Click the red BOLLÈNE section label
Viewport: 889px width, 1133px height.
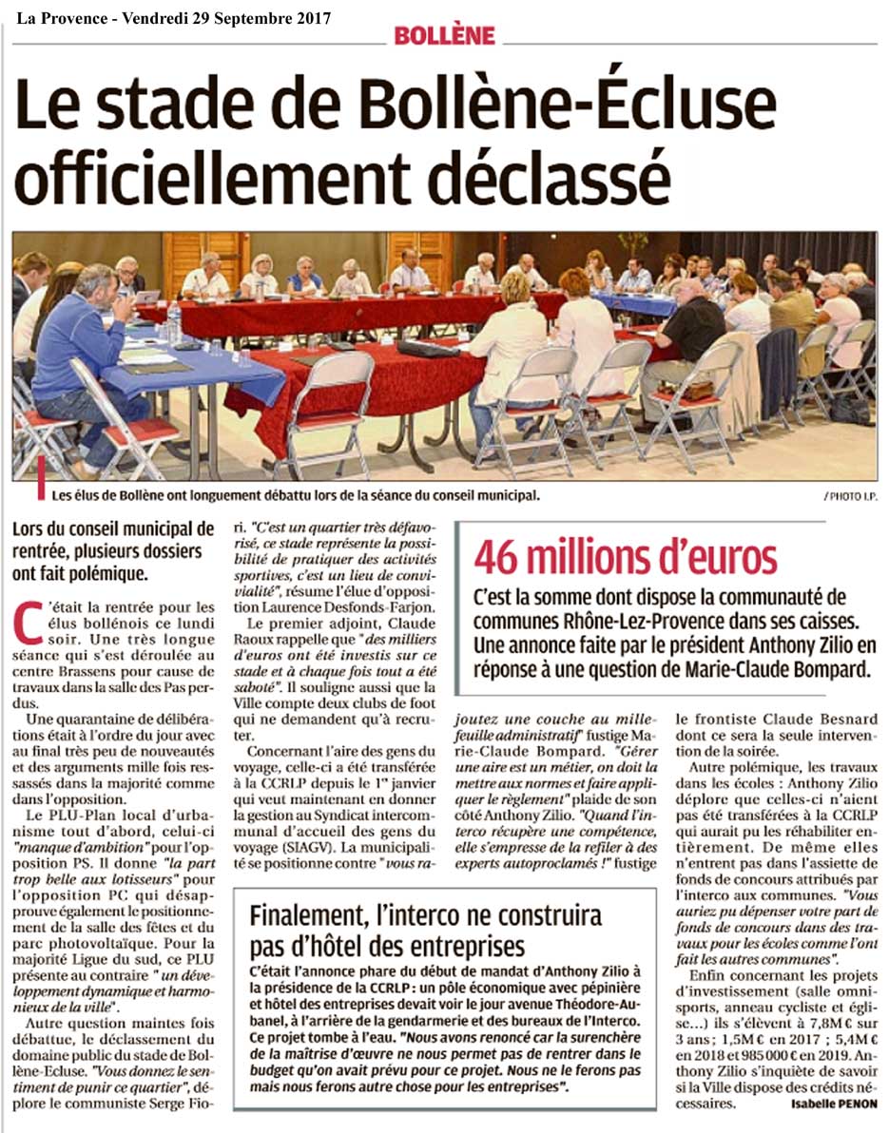point(445,36)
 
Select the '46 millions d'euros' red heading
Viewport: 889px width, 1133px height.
point(626,557)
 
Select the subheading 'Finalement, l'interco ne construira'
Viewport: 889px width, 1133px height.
point(425,916)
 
